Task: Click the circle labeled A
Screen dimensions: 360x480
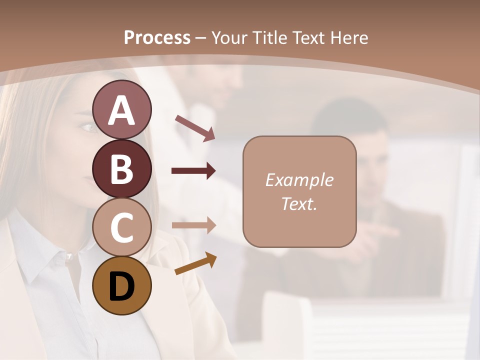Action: [121, 109]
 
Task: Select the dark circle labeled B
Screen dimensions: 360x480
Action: [121, 168]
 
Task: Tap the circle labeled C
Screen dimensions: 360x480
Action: [121, 227]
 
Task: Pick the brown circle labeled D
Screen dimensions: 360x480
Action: [121, 285]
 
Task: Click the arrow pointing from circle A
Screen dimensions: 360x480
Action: [195, 128]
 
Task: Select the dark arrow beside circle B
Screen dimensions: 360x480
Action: [193, 171]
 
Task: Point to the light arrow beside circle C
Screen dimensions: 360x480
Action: [193, 225]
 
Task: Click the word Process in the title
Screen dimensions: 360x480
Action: [157, 38]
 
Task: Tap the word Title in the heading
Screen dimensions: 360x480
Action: [270, 38]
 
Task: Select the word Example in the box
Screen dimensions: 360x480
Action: [299, 180]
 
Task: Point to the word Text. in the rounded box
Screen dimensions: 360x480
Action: [299, 203]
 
